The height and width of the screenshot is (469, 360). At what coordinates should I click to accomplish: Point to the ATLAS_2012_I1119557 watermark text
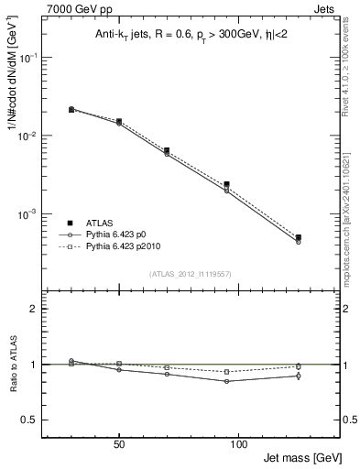190,275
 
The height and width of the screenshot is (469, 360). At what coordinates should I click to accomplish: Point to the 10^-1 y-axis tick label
30,57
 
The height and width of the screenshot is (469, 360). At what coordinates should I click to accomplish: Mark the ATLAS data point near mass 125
298,237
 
